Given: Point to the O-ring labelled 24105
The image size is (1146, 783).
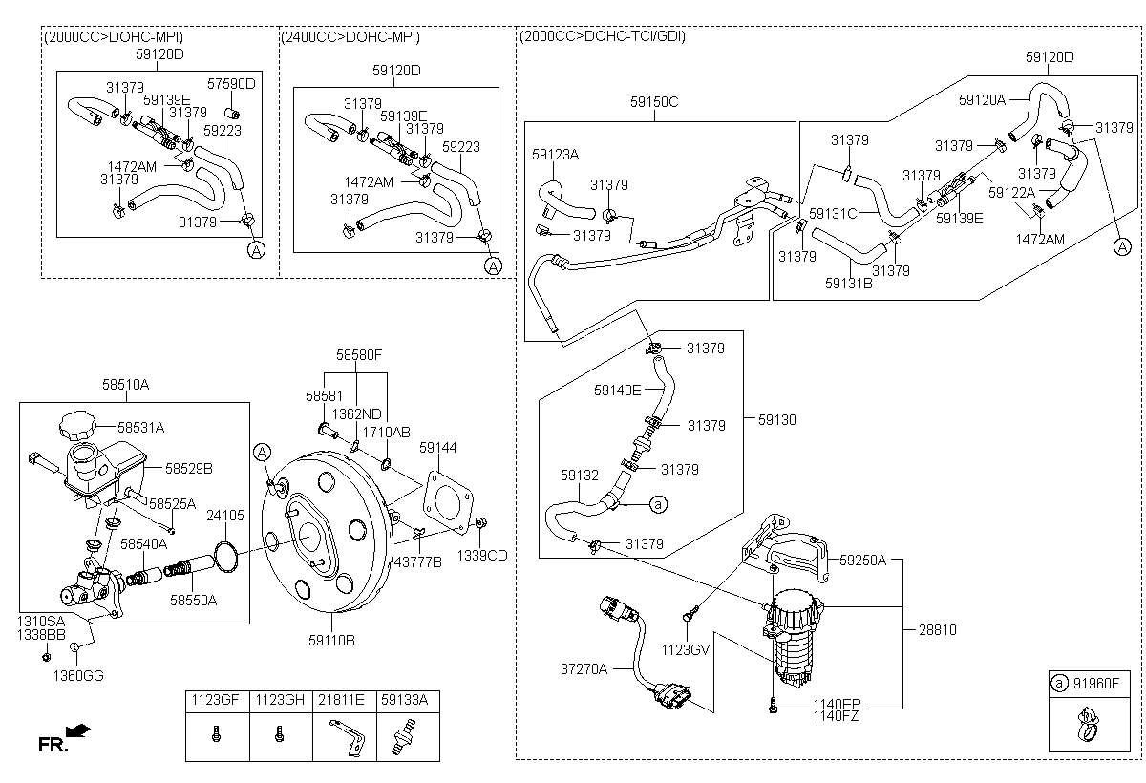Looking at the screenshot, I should coord(226,555).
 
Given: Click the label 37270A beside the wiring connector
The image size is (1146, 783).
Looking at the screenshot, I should coord(584,669).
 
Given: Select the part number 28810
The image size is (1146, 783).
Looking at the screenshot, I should coord(936,630).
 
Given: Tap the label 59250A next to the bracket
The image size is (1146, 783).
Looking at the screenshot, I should coord(862,560).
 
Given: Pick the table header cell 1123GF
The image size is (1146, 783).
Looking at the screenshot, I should coord(217,700).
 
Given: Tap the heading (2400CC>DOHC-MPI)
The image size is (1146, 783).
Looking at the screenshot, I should coord(350,36).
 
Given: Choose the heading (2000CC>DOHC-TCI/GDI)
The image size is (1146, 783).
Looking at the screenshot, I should coord(603,36).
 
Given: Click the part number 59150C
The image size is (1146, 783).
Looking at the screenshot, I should coord(654,101).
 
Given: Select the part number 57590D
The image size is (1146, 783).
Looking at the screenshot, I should coord(231,84).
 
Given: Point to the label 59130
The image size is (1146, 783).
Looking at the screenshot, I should coord(777,419).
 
